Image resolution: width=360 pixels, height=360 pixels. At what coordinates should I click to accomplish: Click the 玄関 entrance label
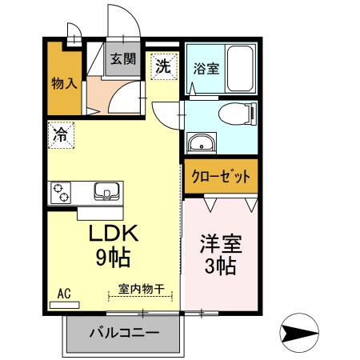123,58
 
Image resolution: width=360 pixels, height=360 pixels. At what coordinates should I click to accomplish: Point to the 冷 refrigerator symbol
61,134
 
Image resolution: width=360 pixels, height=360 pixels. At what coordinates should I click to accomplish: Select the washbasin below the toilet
201,145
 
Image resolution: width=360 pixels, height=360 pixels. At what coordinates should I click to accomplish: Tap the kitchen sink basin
106,192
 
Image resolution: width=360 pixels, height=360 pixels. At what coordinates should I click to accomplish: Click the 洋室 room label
220,244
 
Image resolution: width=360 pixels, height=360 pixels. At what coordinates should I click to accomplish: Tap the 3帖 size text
220,266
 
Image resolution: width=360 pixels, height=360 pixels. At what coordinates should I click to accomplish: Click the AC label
64,293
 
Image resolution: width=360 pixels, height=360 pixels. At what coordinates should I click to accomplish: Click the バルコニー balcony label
124,332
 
